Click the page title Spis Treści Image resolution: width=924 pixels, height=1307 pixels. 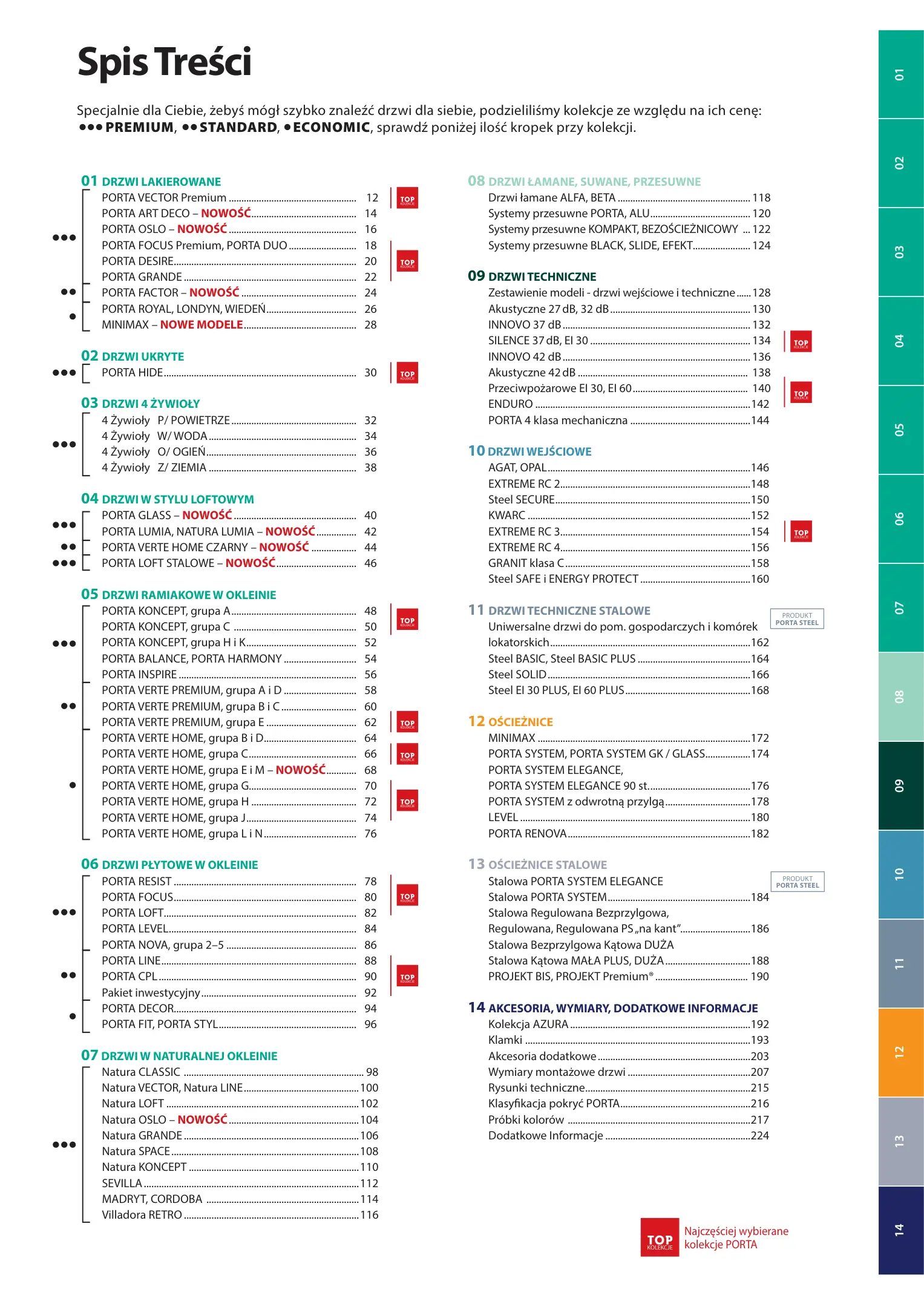164,62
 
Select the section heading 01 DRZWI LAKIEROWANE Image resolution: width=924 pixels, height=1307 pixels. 151,182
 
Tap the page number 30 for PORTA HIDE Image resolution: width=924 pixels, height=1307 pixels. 370,373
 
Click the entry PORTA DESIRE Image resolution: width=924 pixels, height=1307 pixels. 137,261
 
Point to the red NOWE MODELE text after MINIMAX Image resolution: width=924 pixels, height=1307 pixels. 202,325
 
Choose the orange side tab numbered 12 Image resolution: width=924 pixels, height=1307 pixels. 900,1052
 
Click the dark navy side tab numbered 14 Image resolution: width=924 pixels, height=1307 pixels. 900,1230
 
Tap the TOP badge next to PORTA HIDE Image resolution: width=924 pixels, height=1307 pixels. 407,374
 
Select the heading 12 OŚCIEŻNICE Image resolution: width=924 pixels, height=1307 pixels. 510,722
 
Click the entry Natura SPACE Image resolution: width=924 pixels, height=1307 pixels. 136,1151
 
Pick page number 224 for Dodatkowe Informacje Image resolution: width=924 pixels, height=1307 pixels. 759,1136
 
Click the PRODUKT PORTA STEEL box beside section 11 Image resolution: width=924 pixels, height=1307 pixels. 797,619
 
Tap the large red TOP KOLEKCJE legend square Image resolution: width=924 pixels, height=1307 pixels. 660,1237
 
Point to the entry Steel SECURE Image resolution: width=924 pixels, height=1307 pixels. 521,500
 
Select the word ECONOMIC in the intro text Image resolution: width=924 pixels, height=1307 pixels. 331,128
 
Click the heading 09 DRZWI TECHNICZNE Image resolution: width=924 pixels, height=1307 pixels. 532,277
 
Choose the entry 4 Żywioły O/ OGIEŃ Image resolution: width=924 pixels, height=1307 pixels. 154,452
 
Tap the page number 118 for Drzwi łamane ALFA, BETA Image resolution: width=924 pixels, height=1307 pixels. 761,198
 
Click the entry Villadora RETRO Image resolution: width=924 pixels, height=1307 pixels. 142,1215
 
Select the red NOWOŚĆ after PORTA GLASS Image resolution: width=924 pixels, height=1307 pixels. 207,516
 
